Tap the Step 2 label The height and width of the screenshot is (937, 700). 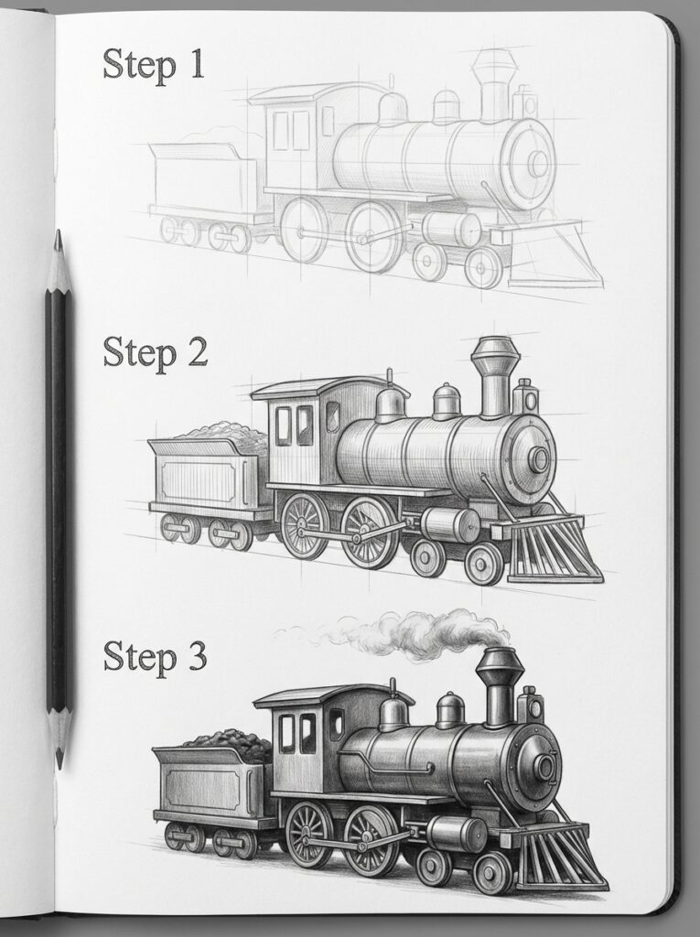[155, 351]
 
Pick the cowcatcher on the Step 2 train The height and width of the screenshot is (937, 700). [554, 549]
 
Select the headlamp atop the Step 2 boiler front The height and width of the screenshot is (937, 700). [525, 395]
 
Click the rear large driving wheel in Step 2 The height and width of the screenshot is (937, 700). [304, 525]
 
